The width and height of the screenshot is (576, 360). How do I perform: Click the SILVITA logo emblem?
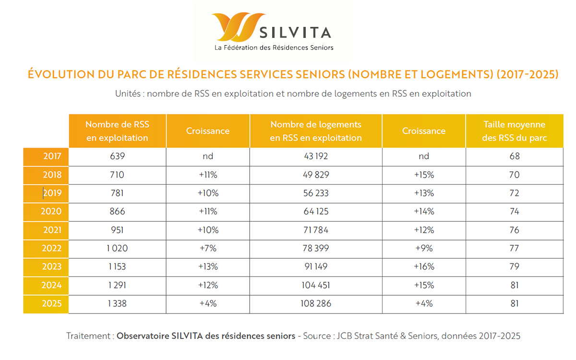(238, 27)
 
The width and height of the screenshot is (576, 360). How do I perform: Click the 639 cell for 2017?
(117, 156)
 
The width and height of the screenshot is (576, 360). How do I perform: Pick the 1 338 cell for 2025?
(117, 303)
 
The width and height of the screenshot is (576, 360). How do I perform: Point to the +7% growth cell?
(208, 248)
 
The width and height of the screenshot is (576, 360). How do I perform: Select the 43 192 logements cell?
(316, 156)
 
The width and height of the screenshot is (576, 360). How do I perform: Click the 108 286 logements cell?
(316, 303)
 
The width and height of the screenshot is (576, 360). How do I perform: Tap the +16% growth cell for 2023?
(424, 266)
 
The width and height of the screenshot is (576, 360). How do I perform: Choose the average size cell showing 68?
(515, 156)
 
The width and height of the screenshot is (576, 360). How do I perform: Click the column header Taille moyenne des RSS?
(515, 131)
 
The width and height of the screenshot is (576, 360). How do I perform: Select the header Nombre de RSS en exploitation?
(117, 131)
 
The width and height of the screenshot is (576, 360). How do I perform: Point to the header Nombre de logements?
(316, 131)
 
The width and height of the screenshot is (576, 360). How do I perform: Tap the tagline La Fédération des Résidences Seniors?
(274, 48)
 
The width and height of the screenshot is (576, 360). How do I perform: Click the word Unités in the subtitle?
(128, 94)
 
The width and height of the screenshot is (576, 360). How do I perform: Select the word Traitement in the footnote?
(89, 336)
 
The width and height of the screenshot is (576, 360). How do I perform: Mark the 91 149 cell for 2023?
(316, 266)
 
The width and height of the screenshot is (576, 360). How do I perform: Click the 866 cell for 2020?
(117, 212)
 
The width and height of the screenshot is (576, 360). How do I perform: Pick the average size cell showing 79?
(515, 266)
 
